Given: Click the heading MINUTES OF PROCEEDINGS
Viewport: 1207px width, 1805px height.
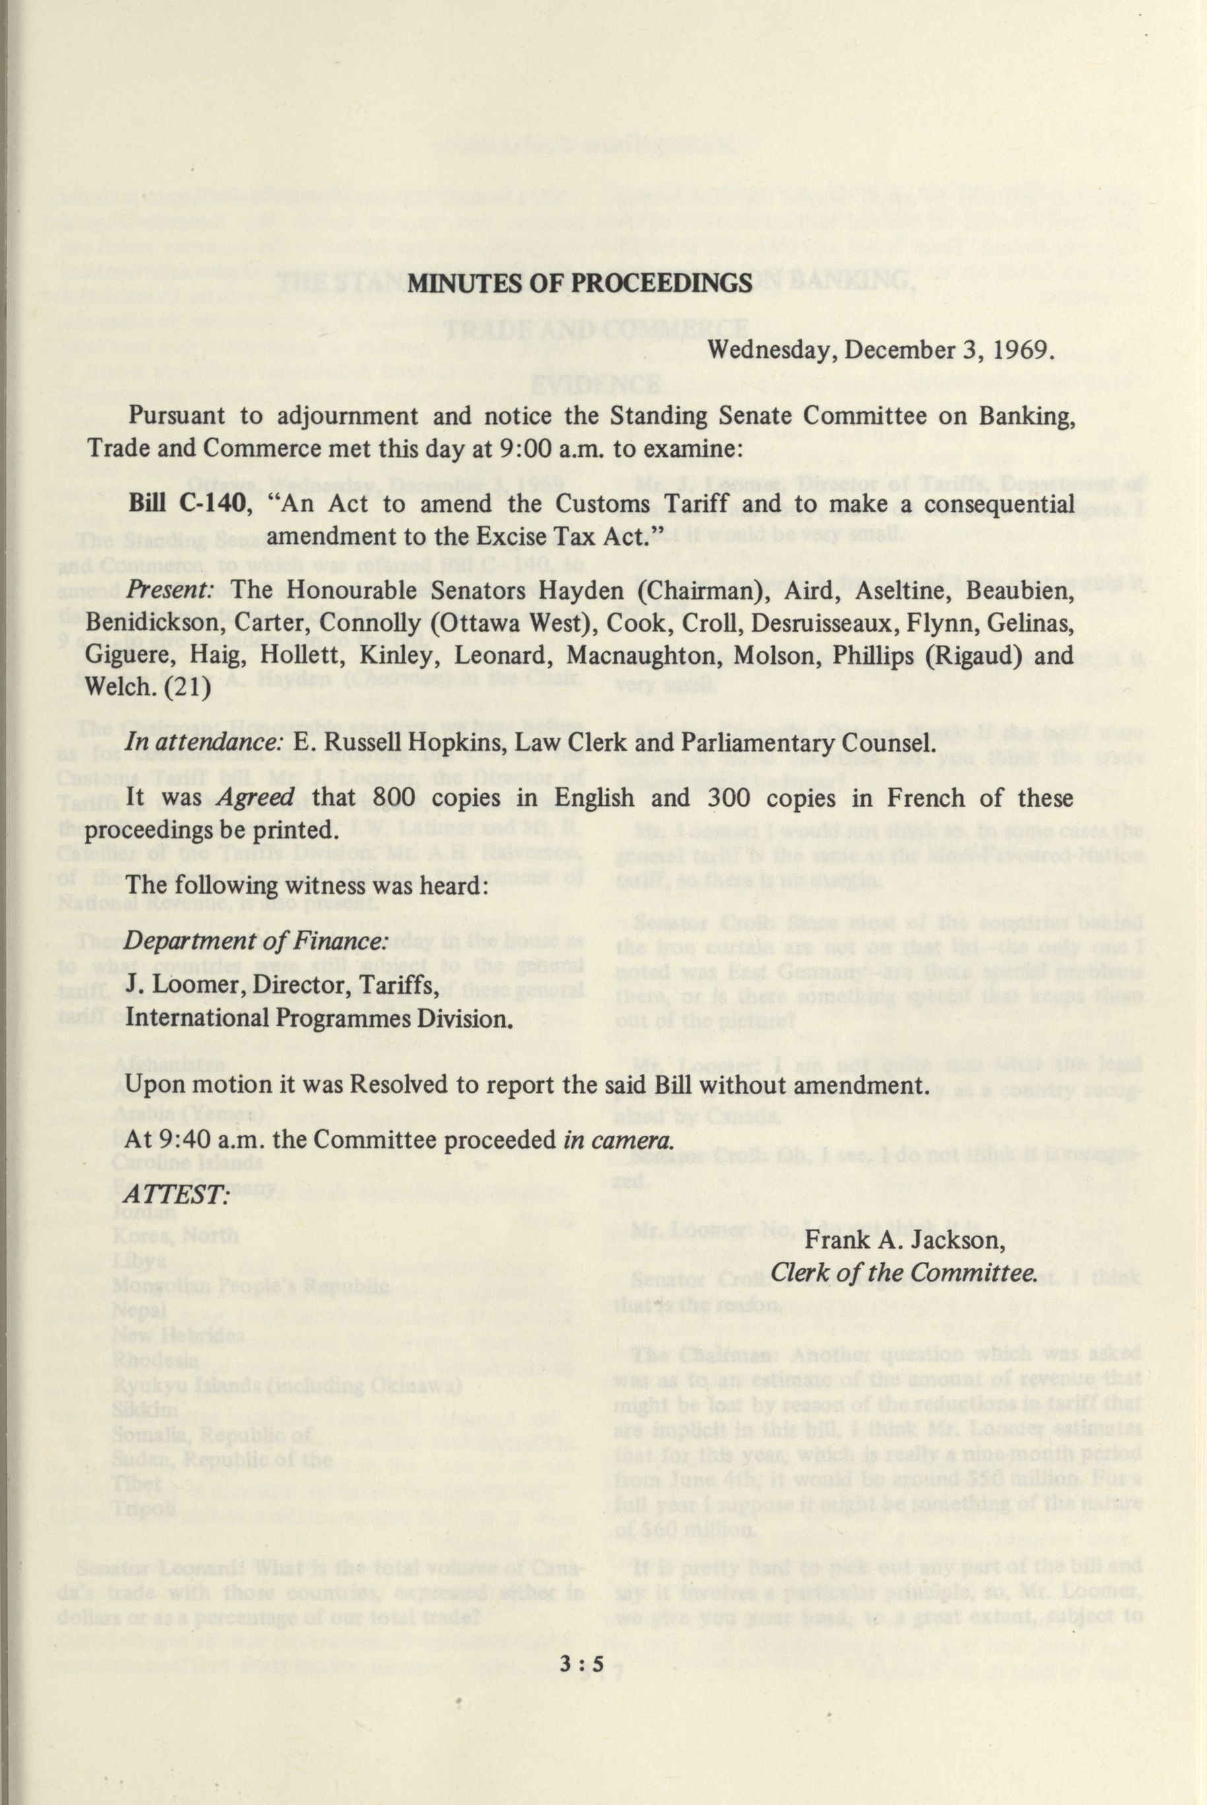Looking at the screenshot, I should pyautogui.click(x=579, y=282).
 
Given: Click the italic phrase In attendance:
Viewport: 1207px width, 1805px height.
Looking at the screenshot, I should pyautogui.click(x=204, y=744).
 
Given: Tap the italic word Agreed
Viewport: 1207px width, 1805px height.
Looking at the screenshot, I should pyautogui.click(x=255, y=798).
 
